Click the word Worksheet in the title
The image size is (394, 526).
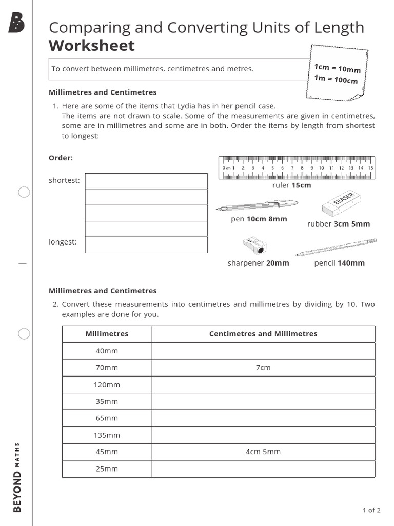pos(91,46)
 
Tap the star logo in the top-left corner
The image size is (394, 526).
pos(16,23)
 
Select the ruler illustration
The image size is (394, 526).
pos(297,168)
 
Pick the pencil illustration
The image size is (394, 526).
pos(337,247)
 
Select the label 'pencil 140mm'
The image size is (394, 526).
pos(340,263)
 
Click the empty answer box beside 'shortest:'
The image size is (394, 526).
pos(146,181)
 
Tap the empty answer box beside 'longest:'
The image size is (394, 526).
pos(146,245)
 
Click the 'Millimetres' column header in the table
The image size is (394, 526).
pos(107,334)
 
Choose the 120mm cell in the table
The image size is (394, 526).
pos(107,385)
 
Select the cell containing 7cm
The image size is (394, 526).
pos(263,368)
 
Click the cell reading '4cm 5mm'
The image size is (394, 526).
pos(263,452)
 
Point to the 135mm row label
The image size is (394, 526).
pos(107,435)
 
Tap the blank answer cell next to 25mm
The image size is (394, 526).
pos(263,468)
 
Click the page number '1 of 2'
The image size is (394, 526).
pos(371,510)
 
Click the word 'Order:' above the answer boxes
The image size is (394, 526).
pos(61,158)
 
